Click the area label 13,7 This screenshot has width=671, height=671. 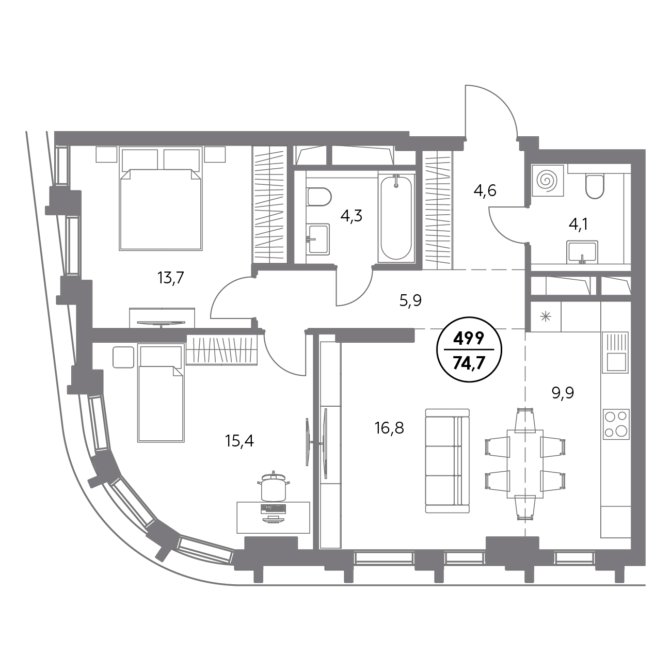pos(171,279)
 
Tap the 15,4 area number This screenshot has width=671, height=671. pos(239,441)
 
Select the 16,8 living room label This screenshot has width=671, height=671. pos(389,428)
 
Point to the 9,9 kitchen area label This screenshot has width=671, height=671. pos(563,393)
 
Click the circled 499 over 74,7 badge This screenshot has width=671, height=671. pos(469,349)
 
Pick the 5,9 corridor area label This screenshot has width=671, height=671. pos(410,300)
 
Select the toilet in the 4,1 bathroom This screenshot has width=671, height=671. pos(595,186)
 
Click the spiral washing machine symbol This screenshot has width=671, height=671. pos(548,180)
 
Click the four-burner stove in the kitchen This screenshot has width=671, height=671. pos(616,424)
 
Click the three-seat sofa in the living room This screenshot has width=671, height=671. pos(448,461)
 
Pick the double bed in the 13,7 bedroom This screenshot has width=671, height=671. pos(161,199)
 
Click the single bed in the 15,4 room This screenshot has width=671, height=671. pos(161,393)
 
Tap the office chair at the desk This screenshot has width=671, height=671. pos(274,486)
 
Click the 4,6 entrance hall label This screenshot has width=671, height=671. pos(485,190)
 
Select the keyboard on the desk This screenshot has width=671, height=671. pos(274,508)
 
